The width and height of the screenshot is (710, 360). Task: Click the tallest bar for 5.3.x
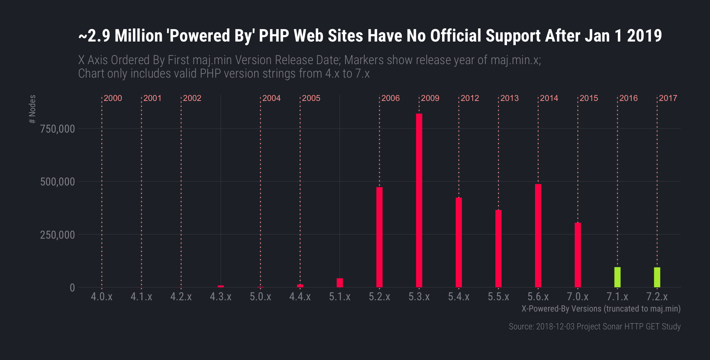(419, 200)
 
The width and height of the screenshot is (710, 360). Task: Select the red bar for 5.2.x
(379, 237)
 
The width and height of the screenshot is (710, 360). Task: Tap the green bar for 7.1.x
(617, 277)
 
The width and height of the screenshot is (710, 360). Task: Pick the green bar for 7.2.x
(657, 277)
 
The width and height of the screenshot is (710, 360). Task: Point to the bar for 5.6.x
(538, 235)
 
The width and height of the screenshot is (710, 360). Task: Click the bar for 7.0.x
(578, 255)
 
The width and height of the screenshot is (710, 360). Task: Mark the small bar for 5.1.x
(340, 283)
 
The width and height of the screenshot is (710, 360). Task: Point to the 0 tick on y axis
(72, 288)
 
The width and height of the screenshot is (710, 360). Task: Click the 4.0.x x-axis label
(102, 297)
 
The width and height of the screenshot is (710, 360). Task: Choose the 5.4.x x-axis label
(459, 297)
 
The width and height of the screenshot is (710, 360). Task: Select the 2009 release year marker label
(430, 98)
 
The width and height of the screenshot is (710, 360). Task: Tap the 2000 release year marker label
(113, 98)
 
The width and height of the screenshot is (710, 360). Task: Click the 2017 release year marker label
(668, 98)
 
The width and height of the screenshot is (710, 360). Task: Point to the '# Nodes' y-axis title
(32, 109)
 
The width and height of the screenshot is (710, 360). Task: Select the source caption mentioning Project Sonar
(594, 326)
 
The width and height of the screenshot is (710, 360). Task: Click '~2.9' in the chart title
(94, 36)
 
